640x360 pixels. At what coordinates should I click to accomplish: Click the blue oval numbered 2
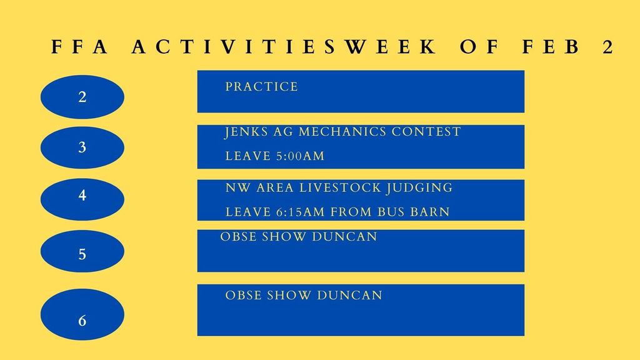pyautogui.click(x=82, y=97)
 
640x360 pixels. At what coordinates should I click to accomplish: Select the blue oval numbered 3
pyautogui.click(x=82, y=147)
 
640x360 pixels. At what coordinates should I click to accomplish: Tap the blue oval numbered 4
pyautogui.click(x=82, y=196)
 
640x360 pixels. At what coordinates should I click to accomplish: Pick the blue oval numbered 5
pyautogui.click(x=82, y=252)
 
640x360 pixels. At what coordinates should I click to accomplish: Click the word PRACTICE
pyautogui.click(x=261, y=87)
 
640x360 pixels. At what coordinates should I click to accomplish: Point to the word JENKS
pyautogui.click(x=246, y=132)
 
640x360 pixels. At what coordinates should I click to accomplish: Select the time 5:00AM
pyautogui.click(x=300, y=156)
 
